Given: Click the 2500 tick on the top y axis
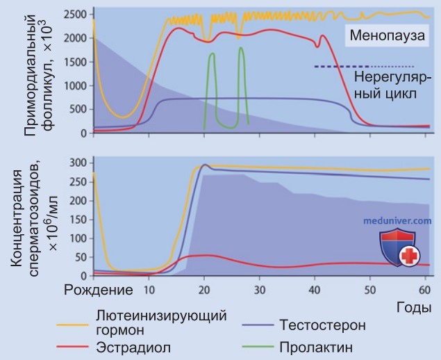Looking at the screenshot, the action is coord(75,15).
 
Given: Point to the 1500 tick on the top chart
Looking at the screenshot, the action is coord(75,62).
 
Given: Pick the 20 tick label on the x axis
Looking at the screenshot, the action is coord(204,290).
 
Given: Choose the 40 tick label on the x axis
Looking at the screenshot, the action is coord(315,290).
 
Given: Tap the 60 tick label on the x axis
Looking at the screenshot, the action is coord(425,290).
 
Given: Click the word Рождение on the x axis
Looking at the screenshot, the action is coord(99,291).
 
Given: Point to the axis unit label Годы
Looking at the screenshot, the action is coord(414,308).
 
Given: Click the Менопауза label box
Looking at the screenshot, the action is coord(387,35).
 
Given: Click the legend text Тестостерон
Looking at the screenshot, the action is coord(323,325).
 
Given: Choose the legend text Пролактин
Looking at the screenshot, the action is coord(316,347).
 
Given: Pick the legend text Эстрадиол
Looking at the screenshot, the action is coord(133,347).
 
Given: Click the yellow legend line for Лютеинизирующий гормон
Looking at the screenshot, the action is coord(72,325).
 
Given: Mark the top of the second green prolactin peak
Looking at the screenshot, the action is coord(241,47).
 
